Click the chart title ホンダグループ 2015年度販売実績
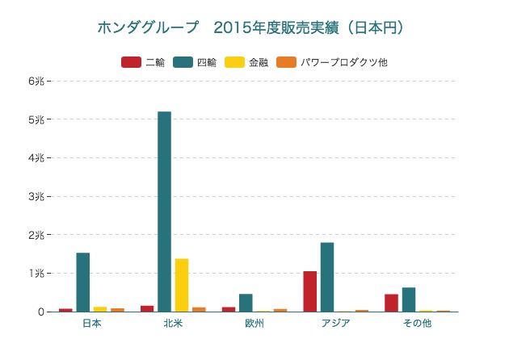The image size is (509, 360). click(x=250, y=27)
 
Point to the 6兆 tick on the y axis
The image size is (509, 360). click(x=38, y=82)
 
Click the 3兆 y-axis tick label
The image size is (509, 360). click(x=38, y=197)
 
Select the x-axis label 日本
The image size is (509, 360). click(x=91, y=324)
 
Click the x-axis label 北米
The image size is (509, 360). click(x=173, y=324)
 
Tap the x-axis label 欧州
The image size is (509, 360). click(x=254, y=324)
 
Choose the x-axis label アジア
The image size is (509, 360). click(x=335, y=324)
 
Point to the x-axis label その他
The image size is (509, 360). click(x=417, y=324)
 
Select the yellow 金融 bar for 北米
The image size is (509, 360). click(x=182, y=285)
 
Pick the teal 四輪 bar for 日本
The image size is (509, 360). click(x=83, y=283)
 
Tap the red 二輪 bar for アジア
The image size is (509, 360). click(x=309, y=291)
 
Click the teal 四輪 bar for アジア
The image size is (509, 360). click(x=327, y=277)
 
